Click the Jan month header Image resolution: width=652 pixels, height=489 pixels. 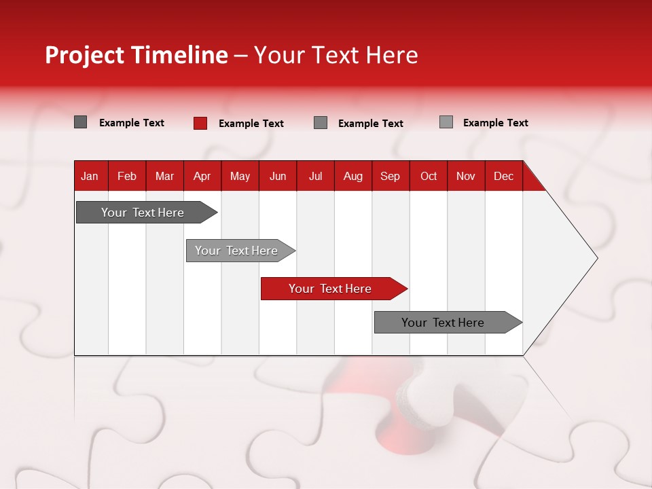pyautogui.click(x=90, y=176)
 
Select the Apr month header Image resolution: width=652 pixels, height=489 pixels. pyautogui.click(x=202, y=176)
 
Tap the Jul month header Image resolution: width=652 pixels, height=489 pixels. pyautogui.click(x=315, y=176)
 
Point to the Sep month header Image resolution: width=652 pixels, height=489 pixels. pyautogui.click(x=390, y=176)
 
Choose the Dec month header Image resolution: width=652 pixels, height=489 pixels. pyautogui.click(x=503, y=176)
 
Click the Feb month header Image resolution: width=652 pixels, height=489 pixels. pyautogui.click(x=127, y=176)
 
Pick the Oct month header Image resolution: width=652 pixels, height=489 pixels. pyautogui.click(x=429, y=176)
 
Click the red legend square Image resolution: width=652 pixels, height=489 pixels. pyautogui.click(x=200, y=123)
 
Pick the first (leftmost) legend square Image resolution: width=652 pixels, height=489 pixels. pyautogui.click(x=81, y=122)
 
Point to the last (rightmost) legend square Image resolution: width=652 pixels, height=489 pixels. pyautogui.click(x=446, y=122)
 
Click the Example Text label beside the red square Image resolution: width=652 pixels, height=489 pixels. pyautogui.click(x=251, y=124)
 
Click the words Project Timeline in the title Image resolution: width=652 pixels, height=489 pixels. pyautogui.click(x=136, y=55)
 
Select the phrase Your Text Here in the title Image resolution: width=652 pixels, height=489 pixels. pyautogui.click(x=336, y=55)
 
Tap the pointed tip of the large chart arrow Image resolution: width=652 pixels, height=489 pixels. pyautogui.click(x=596, y=258)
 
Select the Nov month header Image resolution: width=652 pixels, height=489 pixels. pyautogui.click(x=466, y=176)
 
